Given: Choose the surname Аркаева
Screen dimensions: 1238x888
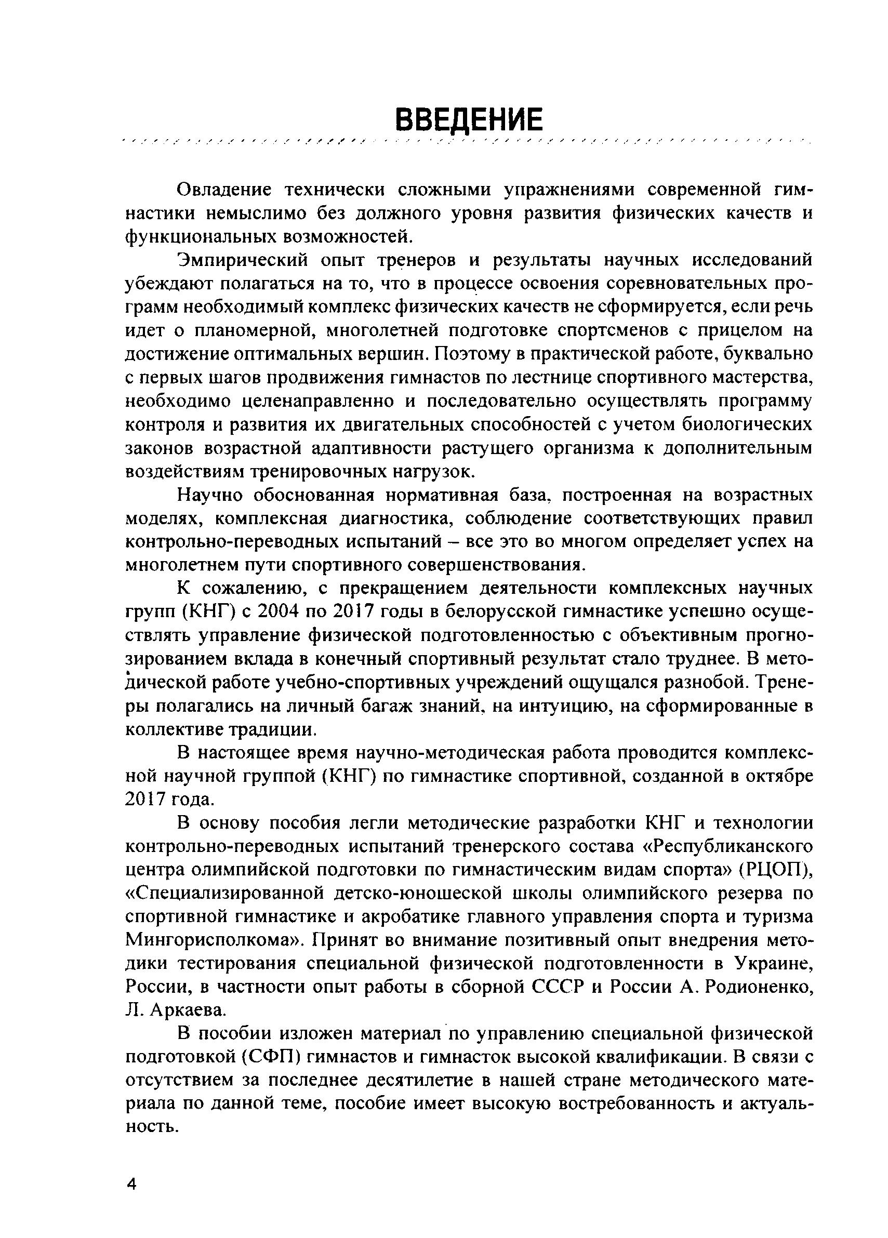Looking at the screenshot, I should click(189, 1010).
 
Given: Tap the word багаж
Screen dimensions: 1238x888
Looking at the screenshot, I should click(387, 706).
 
